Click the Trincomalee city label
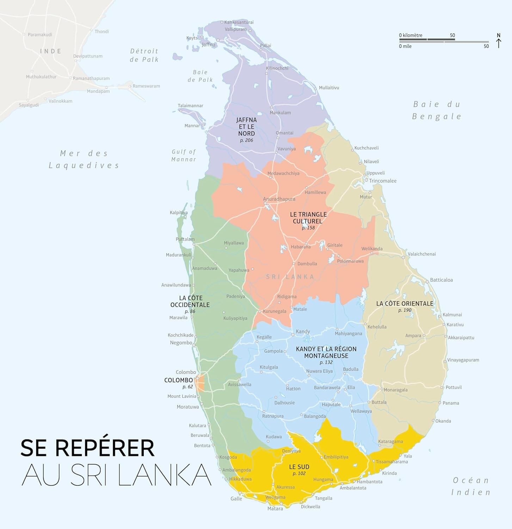tap(383, 181)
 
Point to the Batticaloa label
tap(441, 280)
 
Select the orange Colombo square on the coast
tap(200, 383)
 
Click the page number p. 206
tap(246, 140)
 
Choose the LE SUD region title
tap(299, 467)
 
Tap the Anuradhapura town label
tap(279, 199)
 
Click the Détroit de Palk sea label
tap(144, 55)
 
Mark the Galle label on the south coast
tap(236, 499)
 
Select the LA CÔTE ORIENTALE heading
tap(405, 304)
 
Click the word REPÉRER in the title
tap(105, 448)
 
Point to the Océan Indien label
tap(471, 486)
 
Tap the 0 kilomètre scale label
tap(411, 35)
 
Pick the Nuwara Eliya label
tap(319, 371)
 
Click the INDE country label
tap(51, 51)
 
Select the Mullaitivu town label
tap(329, 88)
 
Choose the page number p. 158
tap(308, 228)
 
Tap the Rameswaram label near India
tap(146, 86)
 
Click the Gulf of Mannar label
tap(184, 156)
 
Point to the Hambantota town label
tap(369, 482)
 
